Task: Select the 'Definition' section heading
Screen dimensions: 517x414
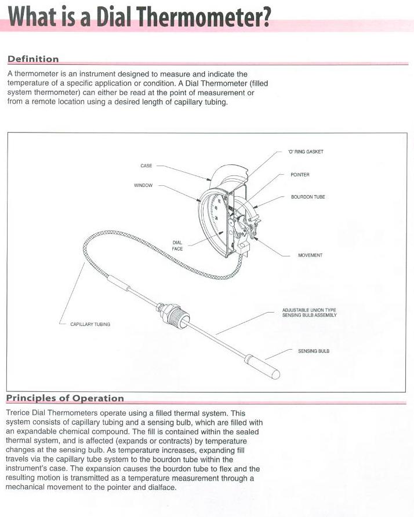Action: click(33, 59)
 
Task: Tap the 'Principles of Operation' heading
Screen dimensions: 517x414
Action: click(65, 398)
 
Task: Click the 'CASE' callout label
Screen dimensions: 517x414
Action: click(146, 166)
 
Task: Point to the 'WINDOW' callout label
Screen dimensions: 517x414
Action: click(143, 186)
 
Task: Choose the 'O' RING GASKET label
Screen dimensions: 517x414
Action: click(306, 152)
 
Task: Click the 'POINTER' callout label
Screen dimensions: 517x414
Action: click(300, 174)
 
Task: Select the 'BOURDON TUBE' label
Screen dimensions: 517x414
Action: click(308, 197)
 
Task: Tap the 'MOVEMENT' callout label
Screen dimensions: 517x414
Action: click(310, 255)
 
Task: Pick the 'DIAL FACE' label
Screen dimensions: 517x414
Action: click(177, 245)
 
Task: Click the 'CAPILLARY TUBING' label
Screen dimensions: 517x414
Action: click(90, 324)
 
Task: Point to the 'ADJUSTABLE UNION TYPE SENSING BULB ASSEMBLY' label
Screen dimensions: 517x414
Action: click(308, 313)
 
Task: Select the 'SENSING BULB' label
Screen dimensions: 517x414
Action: click(314, 351)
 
